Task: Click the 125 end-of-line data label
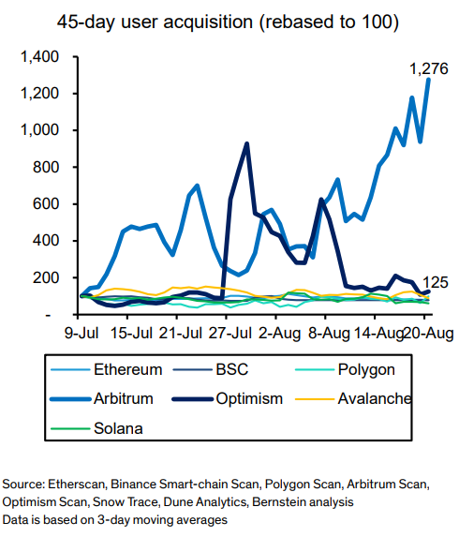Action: point(434,282)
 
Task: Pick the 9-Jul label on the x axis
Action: point(82,332)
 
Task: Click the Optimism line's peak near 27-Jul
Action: point(246,144)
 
